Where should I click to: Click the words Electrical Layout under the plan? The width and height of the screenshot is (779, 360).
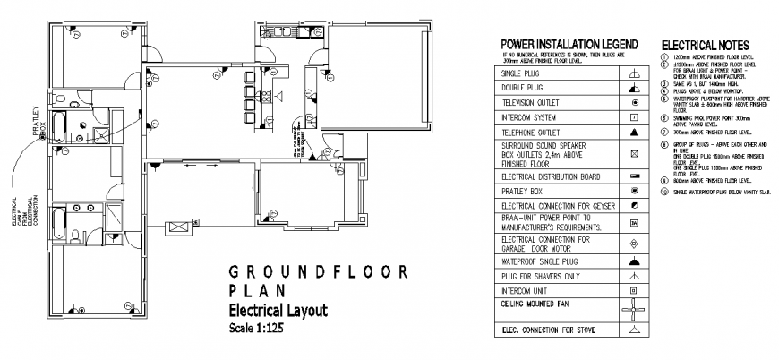pyautogui.click(x=267, y=310)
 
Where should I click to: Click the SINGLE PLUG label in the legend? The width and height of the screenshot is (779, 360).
pyautogui.click(x=521, y=73)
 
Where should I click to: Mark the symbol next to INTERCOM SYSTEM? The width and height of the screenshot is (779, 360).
pyautogui.click(x=634, y=117)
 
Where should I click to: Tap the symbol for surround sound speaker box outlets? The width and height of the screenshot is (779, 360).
pyautogui.click(x=634, y=154)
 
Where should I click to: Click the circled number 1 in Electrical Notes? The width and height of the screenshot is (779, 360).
pyautogui.click(x=664, y=56)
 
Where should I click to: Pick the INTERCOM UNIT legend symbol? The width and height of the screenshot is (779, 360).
pyautogui.click(x=634, y=290)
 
